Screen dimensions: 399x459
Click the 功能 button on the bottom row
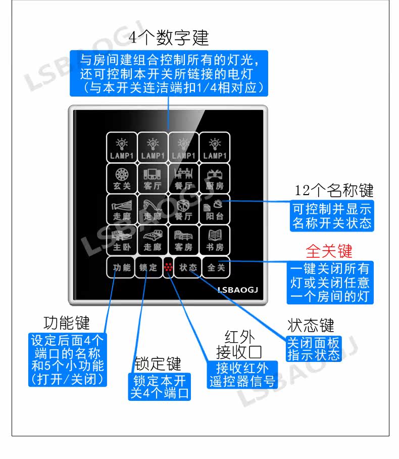click(x=122, y=267)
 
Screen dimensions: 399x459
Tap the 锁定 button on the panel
click(x=148, y=267)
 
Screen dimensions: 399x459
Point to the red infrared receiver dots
click(x=168, y=268)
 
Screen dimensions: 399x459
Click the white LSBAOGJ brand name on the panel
click(x=238, y=290)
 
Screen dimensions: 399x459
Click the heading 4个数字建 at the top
click(x=169, y=37)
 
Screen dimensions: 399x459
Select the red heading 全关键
click(x=329, y=251)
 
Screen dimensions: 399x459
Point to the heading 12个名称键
click(x=334, y=191)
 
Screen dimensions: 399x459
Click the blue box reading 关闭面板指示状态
click(x=314, y=349)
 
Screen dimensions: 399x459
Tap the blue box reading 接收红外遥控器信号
click(x=243, y=375)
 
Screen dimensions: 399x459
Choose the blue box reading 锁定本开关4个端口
click(x=159, y=387)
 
